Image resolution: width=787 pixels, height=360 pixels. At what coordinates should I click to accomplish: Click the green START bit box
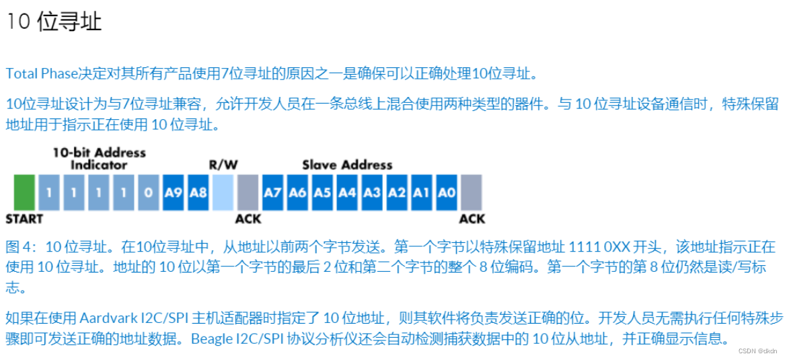tap(24, 192)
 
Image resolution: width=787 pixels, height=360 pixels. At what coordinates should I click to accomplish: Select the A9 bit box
tap(173, 192)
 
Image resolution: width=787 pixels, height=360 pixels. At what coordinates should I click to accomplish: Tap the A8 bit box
tap(198, 192)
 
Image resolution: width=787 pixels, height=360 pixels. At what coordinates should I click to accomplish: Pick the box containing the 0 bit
tap(148, 192)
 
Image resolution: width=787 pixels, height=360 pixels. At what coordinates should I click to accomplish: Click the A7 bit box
tap(272, 192)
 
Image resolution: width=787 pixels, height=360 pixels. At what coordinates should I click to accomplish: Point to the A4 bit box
tap(347, 192)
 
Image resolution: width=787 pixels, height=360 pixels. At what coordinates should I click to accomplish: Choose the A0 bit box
tap(446, 192)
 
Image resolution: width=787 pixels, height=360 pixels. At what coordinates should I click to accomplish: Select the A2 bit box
tap(397, 192)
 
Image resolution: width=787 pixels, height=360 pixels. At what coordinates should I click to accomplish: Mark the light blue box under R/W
tap(223, 192)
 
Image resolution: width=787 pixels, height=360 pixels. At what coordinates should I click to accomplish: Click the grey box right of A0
tap(471, 192)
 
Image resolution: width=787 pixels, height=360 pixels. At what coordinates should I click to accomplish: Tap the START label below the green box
tap(24, 219)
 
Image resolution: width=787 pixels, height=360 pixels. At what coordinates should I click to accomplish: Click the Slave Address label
tap(347, 165)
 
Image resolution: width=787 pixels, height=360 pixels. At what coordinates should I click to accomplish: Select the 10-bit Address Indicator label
tap(100, 159)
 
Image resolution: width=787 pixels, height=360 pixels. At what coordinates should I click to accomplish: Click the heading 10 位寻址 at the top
tap(54, 22)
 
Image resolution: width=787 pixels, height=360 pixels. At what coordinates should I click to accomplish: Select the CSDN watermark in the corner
tap(757, 351)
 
